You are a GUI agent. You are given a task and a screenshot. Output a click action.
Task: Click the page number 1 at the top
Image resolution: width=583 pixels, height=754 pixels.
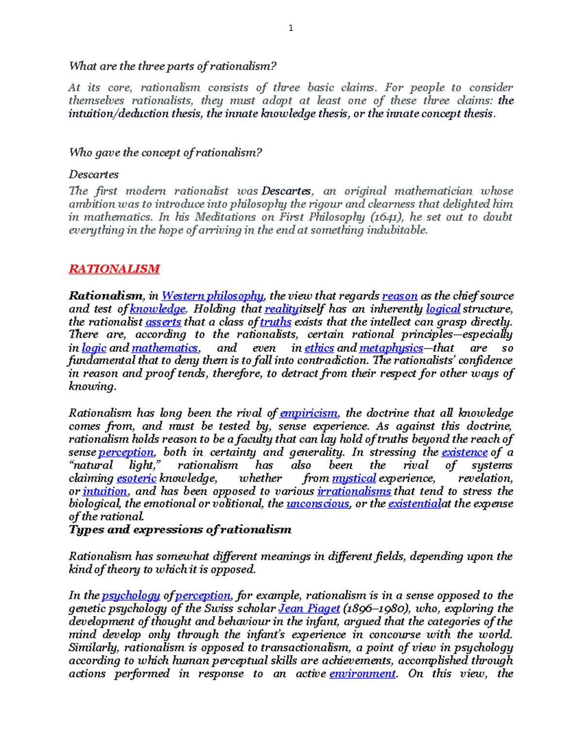(291, 28)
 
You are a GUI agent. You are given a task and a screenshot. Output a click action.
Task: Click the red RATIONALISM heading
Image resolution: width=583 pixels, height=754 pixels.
(114, 269)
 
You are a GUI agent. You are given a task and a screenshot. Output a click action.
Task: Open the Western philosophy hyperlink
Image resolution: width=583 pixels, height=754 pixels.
(212, 296)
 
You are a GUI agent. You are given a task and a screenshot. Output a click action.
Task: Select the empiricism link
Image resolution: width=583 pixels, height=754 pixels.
(309, 413)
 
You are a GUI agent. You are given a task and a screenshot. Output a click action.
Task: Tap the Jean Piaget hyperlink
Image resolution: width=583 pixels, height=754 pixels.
(309, 609)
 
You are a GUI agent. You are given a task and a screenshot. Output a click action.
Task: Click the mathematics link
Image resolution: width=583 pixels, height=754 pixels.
(165, 348)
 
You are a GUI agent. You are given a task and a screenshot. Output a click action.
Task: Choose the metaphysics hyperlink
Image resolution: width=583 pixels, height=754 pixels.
(391, 348)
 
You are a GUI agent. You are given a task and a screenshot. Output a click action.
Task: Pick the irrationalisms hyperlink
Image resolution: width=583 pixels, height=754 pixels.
(354, 491)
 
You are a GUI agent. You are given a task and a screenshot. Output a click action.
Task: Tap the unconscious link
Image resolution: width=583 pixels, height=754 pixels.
(318, 504)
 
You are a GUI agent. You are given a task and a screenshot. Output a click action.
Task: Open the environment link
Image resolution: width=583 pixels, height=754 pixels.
(362, 674)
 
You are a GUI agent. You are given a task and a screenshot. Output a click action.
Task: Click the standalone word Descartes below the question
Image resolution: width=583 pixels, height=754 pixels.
(94, 175)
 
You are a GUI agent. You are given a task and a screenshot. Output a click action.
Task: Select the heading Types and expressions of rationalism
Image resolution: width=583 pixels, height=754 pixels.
(180, 530)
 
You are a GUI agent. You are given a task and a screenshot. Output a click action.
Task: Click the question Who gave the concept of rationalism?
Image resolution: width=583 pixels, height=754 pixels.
(166, 153)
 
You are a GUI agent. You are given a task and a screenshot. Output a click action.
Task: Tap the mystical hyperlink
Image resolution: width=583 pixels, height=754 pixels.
(354, 478)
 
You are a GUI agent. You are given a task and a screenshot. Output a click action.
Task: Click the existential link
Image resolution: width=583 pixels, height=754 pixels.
(414, 504)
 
